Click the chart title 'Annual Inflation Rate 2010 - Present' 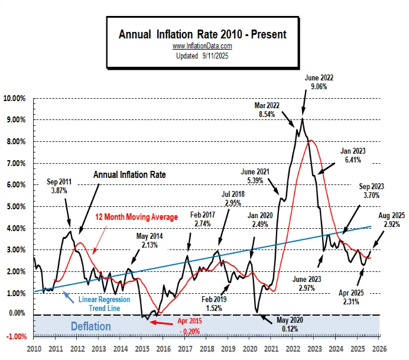pyautogui.click(x=202, y=34)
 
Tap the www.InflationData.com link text pyautogui.click(x=202, y=46)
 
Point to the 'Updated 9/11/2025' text pyautogui.click(x=202, y=56)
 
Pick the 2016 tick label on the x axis pyautogui.click(x=163, y=350)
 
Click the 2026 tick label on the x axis pyautogui.click(x=379, y=350)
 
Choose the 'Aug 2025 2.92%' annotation pyautogui.click(x=391, y=220)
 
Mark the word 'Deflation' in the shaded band pyautogui.click(x=90, y=326)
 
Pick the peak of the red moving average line pyautogui.click(x=310, y=140)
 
